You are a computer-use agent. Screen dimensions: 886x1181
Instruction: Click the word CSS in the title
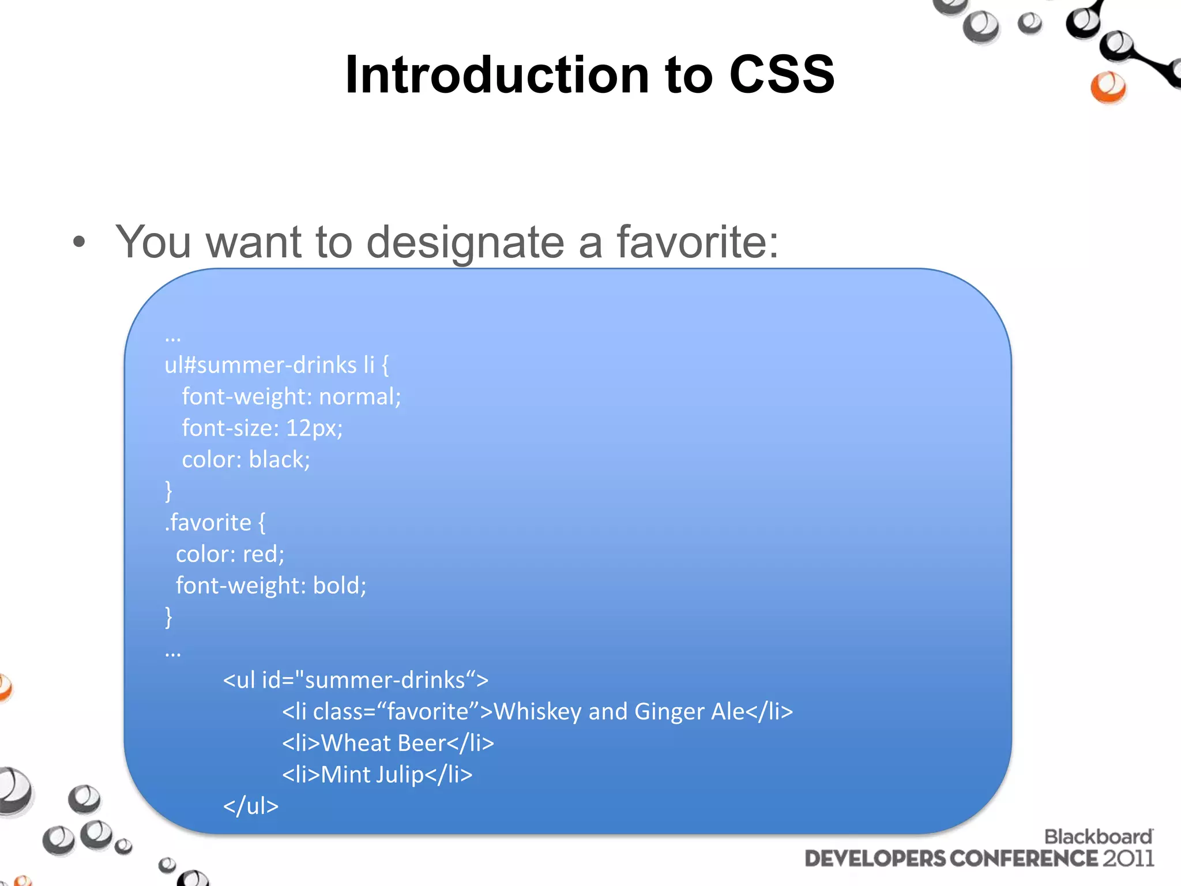pos(781,75)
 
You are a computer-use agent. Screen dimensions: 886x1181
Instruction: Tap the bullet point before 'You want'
pos(79,243)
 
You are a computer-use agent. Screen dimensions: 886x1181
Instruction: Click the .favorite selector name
pos(209,523)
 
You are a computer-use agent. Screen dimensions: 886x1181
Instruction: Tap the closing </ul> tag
pos(251,806)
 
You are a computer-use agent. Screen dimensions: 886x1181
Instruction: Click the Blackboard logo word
pos(1098,837)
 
